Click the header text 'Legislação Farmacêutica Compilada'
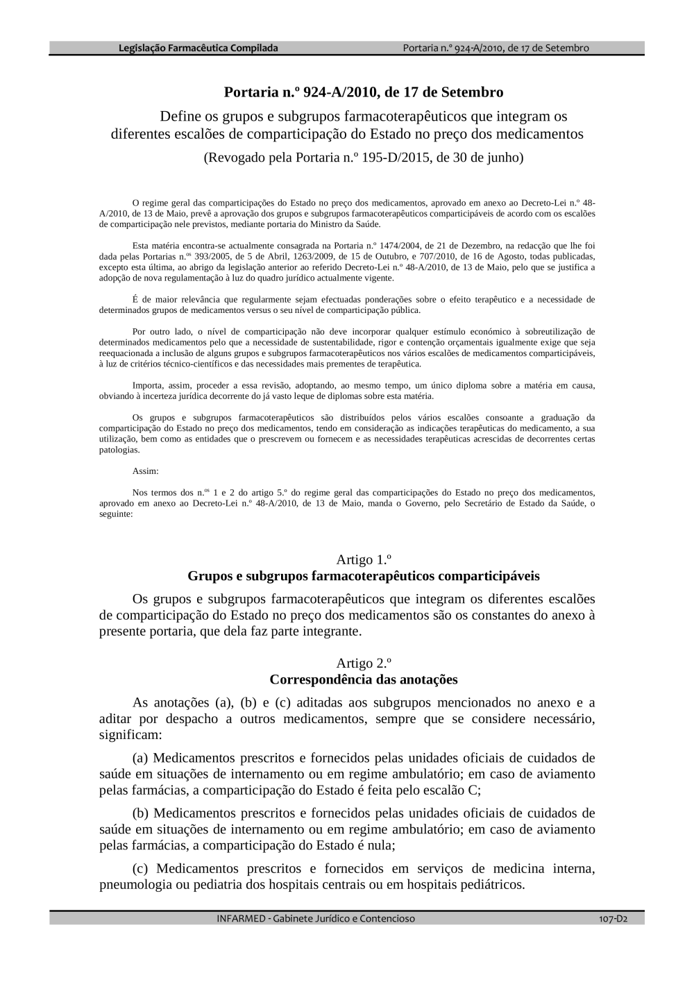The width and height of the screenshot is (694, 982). (x=198, y=48)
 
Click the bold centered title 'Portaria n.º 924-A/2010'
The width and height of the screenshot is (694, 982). (x=363, y=92)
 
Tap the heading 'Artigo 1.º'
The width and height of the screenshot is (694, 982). (x=364, y=559)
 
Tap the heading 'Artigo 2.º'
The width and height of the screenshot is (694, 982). (x=364, y=663)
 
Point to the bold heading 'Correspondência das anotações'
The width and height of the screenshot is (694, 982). (x=364, y=679)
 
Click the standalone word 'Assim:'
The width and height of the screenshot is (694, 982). (x=145, y=471)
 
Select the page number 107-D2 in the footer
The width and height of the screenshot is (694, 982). (x=613, y=918)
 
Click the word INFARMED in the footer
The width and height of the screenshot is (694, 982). (x=241, y=918)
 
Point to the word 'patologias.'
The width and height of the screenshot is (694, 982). (x=119, y=450)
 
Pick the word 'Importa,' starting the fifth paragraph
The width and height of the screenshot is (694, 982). (x=147, y=385)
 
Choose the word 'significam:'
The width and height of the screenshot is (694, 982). (x=130, y=735)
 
